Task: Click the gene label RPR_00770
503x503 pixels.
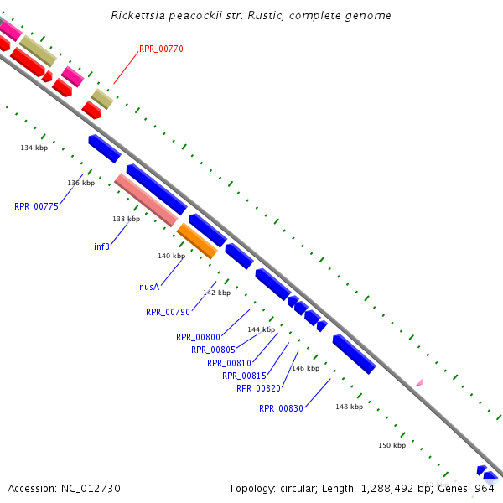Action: point(161,49)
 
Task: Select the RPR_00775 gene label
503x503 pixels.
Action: point(36,206)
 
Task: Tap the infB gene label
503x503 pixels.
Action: point(101,246)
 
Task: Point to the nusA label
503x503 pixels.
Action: point(149,287)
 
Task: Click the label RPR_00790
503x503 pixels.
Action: point(168,312)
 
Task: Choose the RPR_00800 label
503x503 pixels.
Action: point(198,337)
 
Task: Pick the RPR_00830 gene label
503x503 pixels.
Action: point(281,408)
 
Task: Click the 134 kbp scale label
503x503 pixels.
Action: point(34,148)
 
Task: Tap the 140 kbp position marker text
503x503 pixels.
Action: point(171,256)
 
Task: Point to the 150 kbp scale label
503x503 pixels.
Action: point(392,445)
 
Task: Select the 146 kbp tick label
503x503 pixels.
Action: point(305,368)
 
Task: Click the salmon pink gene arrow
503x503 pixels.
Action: point(146,200)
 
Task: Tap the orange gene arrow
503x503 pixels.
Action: point(198,241)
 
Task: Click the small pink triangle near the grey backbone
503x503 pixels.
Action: point(419,382)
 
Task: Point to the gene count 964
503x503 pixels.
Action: point(485,488)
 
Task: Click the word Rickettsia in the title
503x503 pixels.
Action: point(138,16)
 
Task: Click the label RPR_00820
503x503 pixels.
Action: point(258,388)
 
